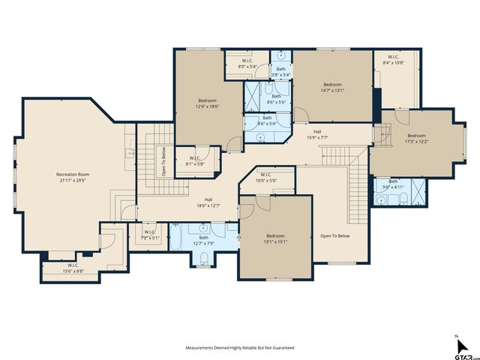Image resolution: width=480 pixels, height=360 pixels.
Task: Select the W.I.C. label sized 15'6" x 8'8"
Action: [73, 265]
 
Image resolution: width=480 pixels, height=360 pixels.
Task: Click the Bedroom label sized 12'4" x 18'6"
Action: [207, 100]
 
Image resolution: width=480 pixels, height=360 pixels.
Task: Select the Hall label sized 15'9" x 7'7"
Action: [317, 131]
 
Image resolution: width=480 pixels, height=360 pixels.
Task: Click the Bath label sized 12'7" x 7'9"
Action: [203, 238]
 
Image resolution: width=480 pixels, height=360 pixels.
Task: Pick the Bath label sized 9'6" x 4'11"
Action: [393, 181]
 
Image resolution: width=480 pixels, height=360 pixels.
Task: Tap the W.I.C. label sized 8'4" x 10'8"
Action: [393, 57]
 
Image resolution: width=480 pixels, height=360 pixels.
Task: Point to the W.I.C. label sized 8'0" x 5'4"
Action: [247, 62]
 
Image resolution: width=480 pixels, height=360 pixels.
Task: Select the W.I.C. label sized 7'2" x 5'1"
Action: [148, 232]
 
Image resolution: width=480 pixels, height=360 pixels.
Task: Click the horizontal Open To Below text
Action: [335, 235]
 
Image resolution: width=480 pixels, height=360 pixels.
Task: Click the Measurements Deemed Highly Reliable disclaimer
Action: [240, 348]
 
